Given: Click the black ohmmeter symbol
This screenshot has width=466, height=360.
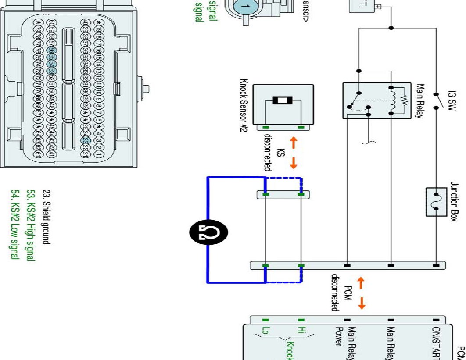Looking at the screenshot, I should pos(208,231).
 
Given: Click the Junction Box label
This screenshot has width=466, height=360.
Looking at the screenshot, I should pos(454,202).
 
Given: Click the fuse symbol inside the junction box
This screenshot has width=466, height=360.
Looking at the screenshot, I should pos(436,202).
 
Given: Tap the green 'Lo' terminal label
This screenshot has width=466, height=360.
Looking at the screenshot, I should pos(265,331).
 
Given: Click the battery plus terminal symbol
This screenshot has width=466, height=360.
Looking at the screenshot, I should pos(379,7).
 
